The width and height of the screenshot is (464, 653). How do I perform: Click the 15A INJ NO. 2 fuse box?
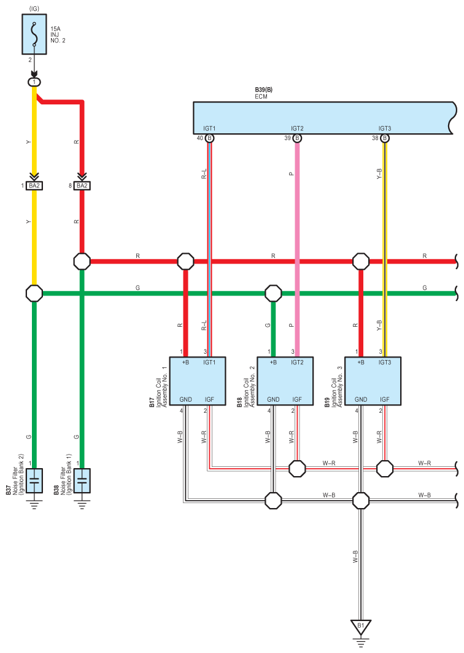click(34, 34)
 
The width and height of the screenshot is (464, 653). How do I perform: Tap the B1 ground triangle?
click(360, 627)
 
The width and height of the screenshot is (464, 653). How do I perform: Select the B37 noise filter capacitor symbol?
click(34, 480)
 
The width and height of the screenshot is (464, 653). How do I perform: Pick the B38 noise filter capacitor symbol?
click(82, 480)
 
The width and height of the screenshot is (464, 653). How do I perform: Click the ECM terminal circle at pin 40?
click(209, 138)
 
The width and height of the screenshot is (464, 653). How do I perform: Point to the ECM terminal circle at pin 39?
click(297, 138)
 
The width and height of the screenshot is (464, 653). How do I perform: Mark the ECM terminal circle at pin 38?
click(385, 138)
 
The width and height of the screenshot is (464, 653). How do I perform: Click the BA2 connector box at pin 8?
click(82, 186)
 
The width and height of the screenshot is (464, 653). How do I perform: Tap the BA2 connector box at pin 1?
click(34, 186)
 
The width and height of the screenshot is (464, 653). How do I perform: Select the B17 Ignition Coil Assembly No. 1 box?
click(198, 381)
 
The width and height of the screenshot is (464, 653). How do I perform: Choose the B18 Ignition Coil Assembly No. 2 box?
click(285, 381)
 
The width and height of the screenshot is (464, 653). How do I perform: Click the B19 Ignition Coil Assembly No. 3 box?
click(373, 381)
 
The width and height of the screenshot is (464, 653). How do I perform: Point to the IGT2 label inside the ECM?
click(297, 128)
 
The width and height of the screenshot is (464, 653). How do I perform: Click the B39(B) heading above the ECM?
click(264, 90)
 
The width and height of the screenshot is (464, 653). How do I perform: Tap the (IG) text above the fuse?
click(34, 9)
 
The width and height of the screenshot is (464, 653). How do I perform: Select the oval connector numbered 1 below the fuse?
click(34, 82)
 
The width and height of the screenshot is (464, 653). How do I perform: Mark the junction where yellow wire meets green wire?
click(34, 293)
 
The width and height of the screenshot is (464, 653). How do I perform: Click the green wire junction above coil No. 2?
click(273, 293)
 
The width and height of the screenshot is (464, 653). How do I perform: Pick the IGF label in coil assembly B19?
click(384, 399)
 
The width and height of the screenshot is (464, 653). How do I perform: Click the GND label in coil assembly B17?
click(185, 399)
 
